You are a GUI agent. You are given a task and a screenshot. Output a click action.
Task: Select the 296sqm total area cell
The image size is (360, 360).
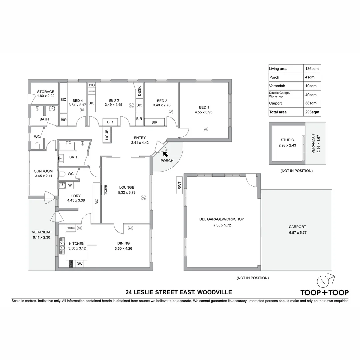pyautogui.click(x=312, y=112)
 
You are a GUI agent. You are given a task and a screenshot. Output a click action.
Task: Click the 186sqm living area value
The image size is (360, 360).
pyautogui.click(x=312, y=69)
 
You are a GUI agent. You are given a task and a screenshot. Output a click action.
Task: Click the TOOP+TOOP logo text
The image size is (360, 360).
pyautogui.click(x=324, y=293)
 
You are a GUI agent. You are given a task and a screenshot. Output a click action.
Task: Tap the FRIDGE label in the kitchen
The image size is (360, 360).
pyautogui.click(x=71, y=228)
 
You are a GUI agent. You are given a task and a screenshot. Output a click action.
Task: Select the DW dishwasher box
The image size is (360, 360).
pyautogui.click(x=79, y=264)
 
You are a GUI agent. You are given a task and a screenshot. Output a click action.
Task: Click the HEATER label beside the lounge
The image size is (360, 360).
pyautogui.click(x=106, y=190)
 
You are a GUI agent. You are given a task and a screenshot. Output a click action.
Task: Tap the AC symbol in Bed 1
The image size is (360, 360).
pyautogui.click(x=206, y=129)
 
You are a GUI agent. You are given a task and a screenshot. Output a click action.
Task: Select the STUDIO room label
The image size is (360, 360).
pyautogui.click(x=287, y=140)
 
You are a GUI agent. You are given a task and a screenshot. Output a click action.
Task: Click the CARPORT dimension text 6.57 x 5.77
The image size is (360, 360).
pyautogui.click(x=297, y=232)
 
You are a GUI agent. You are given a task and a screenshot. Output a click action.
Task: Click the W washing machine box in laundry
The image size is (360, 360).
pyautogui.click(x=69, y=185)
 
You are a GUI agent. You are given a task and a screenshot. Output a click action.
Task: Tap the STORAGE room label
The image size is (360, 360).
pyautogui.click(x=46, y=92)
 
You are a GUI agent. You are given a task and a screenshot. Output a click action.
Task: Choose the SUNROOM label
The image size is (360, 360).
pyautogui.click(x=43, y=171)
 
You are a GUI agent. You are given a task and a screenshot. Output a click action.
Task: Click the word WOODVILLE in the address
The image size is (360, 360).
pyautogui.click(x=215, y=293)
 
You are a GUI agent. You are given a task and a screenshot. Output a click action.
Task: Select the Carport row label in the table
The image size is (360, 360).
pyautogui.click(x=275, y=103)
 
